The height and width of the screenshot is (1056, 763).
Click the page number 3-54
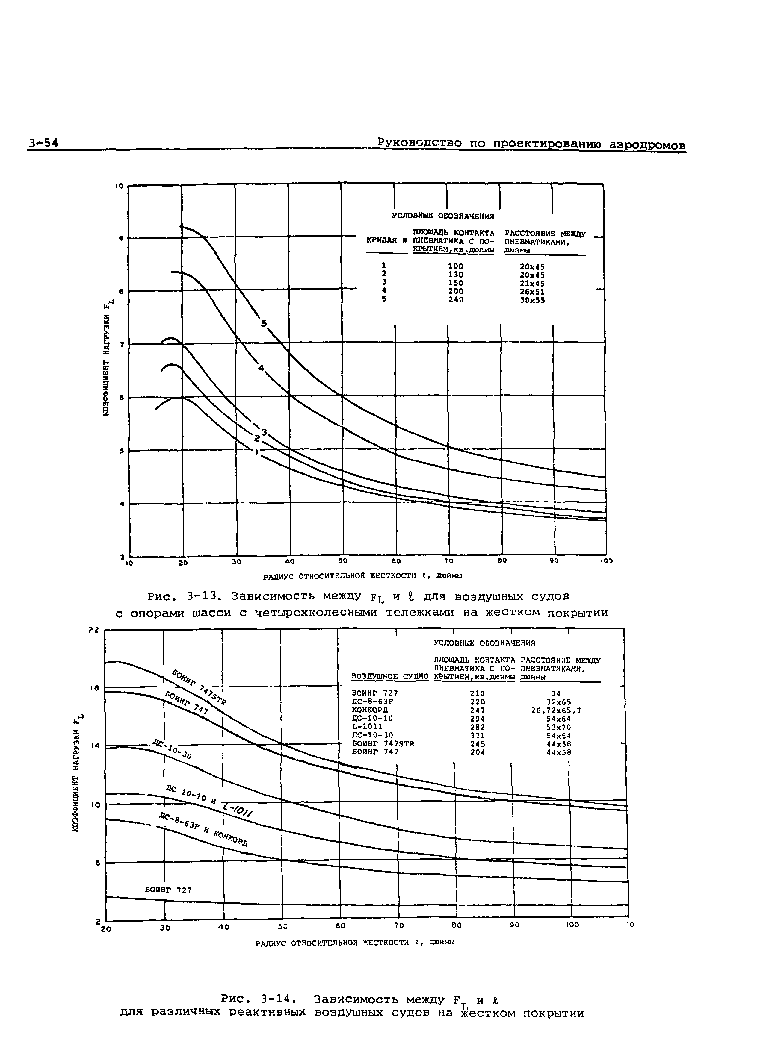point(43,143)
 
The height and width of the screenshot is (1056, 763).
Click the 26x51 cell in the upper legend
point(532,292)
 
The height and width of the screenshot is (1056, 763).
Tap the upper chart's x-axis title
point(362,576)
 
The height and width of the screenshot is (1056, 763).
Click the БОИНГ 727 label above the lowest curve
point(168,890)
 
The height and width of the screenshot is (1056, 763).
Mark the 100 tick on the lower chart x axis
point(572,925)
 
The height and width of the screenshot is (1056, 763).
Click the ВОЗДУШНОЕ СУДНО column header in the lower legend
point(390,676)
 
